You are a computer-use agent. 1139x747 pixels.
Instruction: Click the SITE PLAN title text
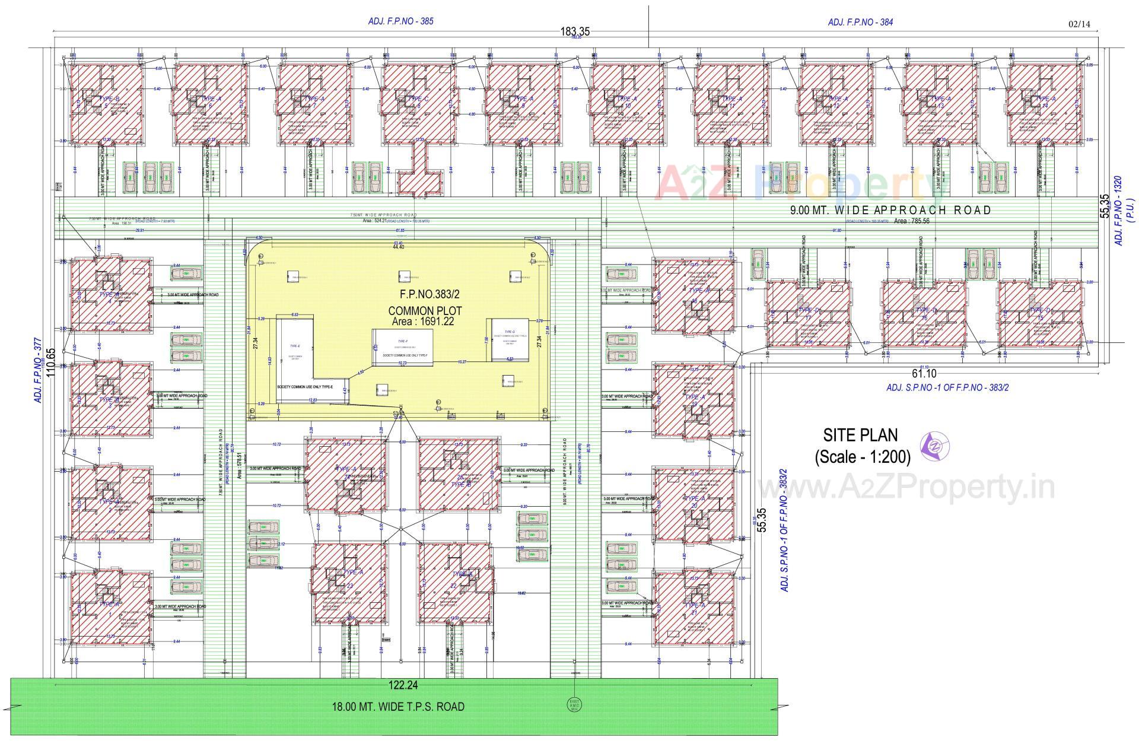(860, 435)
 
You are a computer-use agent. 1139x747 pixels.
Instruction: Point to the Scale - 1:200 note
(862, 457)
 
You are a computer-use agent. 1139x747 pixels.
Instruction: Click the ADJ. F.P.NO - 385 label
(400, 21)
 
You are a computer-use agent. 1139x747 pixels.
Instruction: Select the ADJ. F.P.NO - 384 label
(860, 23)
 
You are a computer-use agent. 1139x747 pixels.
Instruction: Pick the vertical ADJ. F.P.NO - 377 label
(37, 371)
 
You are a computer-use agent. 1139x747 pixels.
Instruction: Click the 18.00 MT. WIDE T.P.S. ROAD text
(397, 707)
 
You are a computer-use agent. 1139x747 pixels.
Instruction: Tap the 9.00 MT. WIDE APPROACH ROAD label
(890, 210)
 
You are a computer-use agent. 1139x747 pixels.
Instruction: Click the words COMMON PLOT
(425, 311)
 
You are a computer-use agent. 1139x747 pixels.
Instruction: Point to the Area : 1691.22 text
(423, 322)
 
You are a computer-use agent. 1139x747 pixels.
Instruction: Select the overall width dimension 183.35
(575, 32)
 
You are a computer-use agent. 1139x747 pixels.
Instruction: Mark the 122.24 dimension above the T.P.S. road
(403, 686)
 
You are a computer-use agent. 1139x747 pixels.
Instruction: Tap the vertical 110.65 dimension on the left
(50, 368)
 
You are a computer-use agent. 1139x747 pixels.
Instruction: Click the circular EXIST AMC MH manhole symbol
(573, 704)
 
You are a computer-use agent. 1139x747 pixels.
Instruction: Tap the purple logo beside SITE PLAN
(934, 445)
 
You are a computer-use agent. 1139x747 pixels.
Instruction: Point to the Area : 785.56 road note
(912, 221)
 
